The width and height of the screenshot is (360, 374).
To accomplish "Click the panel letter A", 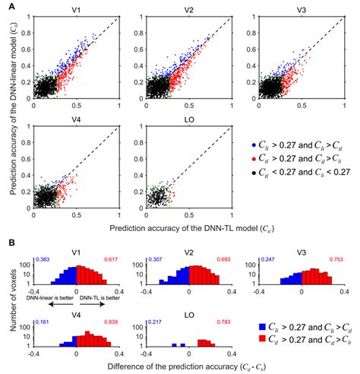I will tap(8, 6).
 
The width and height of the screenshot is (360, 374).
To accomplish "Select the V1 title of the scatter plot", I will tap(76, 12).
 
